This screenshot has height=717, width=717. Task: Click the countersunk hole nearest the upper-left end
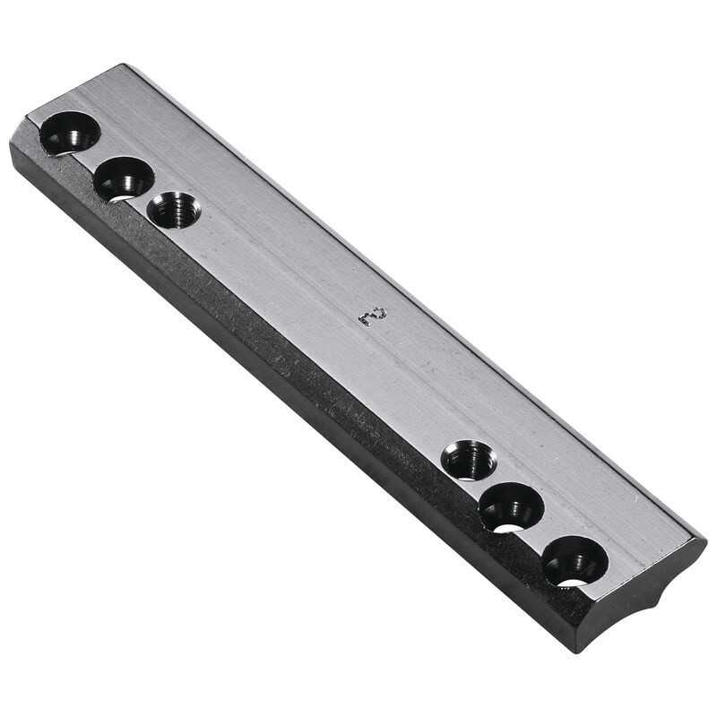(70, 134)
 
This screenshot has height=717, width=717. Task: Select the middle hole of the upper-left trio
(124, 178)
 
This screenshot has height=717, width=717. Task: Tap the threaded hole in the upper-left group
(174, 211)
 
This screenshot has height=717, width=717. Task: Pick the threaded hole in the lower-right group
(469, 460)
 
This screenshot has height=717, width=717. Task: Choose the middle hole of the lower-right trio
(512, 508)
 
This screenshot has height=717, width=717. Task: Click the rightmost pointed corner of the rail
(704, 541)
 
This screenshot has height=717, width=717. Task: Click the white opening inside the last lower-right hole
(572, 583)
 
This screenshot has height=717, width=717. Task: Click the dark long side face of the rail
(269, 358)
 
